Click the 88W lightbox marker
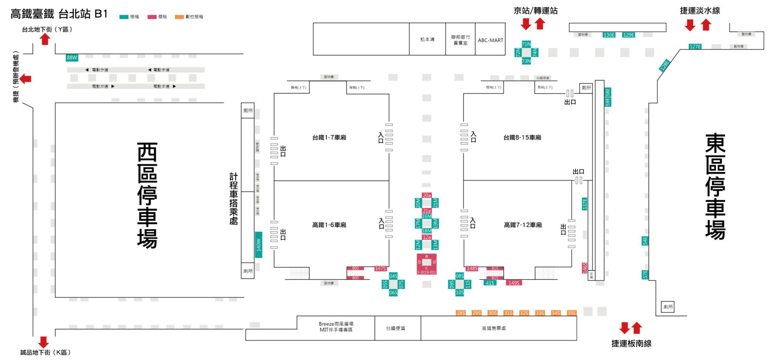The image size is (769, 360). [x=72, y=58]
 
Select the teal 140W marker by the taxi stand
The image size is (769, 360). [x=259, y=245]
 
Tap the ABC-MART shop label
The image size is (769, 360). [x=490, y=40]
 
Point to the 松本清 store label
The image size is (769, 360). [x=427, y=39]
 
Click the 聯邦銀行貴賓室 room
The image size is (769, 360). [x=460, y=40]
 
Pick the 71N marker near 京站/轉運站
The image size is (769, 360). [x=526, y=44]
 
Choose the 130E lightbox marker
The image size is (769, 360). [x=609, y=35]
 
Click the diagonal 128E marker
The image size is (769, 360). [x=664, y=65]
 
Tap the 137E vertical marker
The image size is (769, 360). [x=585, y=204]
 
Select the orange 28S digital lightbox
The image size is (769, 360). [x=460, y=313]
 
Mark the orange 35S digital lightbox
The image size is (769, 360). [x=571, y=313]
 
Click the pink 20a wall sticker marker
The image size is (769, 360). [x=427, y=196]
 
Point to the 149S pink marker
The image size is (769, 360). [x=514, y=283]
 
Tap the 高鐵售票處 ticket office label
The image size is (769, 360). [x=494, y=329]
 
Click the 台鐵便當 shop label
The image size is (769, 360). [x=396, y=329]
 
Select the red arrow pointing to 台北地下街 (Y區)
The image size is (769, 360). [x=45, y=39]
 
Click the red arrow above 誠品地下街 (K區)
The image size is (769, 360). [x=44, y=342]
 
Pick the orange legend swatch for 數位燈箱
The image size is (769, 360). [x=179, y=17]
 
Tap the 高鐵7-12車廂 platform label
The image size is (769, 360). [x=523, y=225]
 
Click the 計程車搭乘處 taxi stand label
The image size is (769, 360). [x=234, y=199]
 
